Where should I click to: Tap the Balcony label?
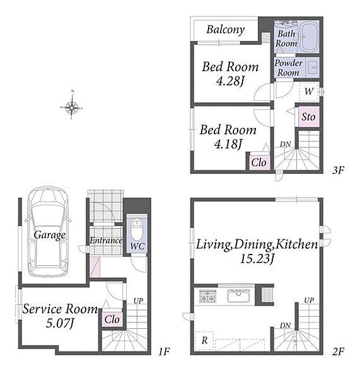coord(225,30)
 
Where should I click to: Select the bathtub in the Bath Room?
coord(308,37)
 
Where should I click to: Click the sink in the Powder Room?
coord(314,67)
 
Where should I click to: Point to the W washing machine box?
coord(309,91)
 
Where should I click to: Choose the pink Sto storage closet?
coord(308,117)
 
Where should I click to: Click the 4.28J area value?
coord(230,81)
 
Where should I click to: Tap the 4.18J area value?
coord(228,144)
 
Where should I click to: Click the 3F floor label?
coord(337,171)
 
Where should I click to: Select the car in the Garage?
coord(49,232)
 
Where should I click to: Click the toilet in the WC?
coord(137,229)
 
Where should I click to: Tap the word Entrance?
coord(106,241)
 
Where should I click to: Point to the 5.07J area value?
coord(59,323)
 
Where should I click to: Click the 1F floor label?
coord(164,352)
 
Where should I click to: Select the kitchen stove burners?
coord(207,296)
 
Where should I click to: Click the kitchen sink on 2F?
coord(238,296)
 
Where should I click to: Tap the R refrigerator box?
coord(204,340)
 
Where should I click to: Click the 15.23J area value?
coord(257,259)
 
